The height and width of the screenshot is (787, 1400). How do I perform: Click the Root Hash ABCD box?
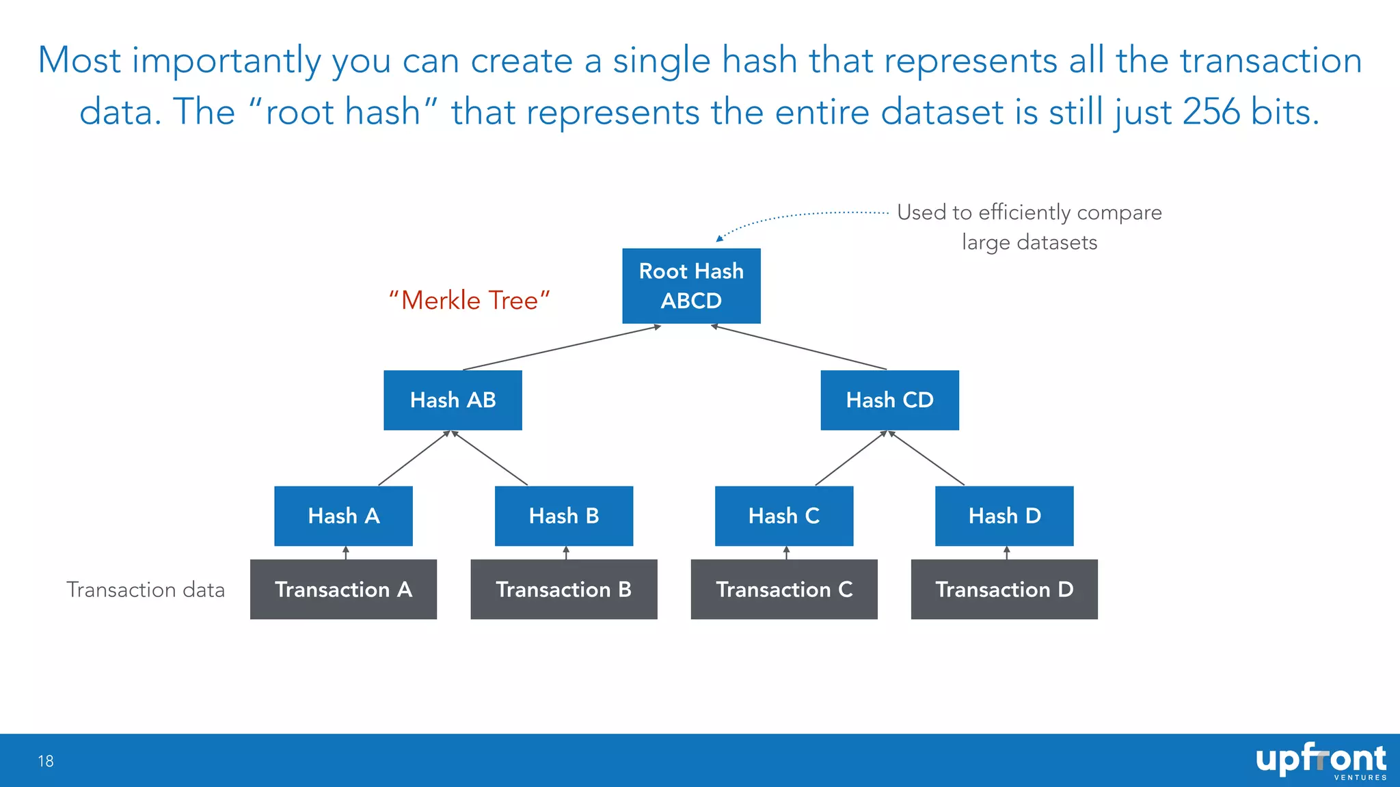691,286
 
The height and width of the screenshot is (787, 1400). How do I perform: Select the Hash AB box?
453,400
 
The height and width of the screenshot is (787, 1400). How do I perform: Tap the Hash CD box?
889,400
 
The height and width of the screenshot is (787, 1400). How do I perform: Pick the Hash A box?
343,516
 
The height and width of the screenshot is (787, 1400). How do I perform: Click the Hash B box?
564,516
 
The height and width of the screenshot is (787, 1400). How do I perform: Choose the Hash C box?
784,516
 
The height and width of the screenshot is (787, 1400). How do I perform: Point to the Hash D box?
1004,516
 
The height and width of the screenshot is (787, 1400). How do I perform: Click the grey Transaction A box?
343,589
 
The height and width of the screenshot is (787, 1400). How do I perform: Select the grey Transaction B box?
564,589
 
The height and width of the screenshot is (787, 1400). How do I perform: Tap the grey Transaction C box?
784,589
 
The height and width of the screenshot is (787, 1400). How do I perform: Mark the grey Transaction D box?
1004,589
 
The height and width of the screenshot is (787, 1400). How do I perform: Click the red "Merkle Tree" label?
470,301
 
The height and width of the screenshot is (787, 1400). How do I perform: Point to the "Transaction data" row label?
146,590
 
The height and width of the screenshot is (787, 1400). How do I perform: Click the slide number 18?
46,761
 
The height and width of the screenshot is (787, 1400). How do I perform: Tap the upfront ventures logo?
1320,761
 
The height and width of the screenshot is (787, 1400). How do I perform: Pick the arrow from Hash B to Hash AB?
489,458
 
